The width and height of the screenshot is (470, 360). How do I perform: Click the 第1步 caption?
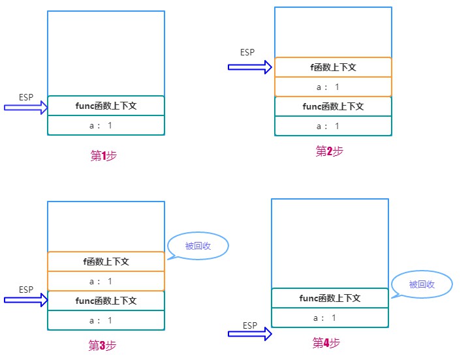[103, 155]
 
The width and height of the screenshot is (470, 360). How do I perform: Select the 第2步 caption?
[330, 151]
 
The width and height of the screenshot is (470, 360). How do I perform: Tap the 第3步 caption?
[102, 345]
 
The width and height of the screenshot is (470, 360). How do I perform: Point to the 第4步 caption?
[326, 342]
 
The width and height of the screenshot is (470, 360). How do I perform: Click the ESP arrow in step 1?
[25, 108]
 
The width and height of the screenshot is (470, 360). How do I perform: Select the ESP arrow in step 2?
[250, 67]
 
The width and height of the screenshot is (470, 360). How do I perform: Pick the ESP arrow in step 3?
[25, 300]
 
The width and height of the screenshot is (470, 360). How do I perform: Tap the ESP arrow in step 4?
[250, 334]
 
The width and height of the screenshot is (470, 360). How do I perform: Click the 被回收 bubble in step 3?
[198, 246]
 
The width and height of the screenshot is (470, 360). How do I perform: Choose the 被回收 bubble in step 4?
[422, 284]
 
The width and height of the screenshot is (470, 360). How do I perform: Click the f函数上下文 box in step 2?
[333, 67]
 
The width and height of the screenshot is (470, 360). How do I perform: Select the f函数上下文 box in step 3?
[106, 262]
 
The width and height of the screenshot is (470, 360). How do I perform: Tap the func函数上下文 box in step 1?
[106, 106]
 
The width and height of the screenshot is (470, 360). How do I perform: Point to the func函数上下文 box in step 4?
[330, 298]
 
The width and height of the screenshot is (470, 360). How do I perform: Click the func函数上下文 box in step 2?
[333, 106]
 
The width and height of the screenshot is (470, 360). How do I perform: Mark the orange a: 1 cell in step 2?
[333, 87]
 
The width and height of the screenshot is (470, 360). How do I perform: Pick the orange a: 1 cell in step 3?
[106, 281]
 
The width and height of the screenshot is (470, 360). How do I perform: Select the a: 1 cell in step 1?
[106, 125]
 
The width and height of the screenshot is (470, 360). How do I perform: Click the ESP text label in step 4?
[250, 325]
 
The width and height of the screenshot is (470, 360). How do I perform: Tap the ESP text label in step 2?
[247, 52]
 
